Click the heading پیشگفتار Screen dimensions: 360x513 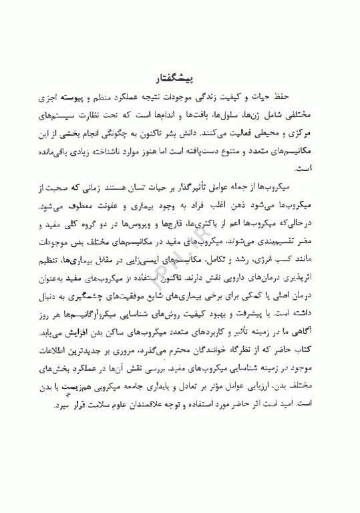[178, 79]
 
